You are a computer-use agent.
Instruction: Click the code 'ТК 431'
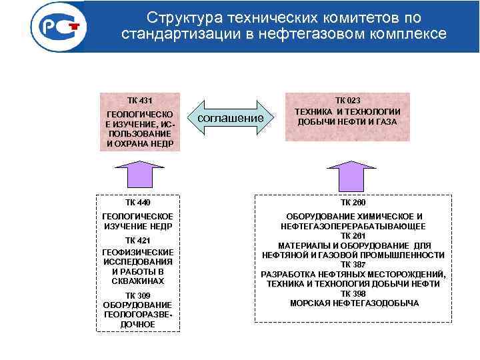tap(140, 101)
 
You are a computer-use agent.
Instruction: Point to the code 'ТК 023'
tap(347, 100)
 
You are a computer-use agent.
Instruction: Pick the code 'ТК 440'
tap(138, 202)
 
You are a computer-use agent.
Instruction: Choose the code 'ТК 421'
tap(138, 240)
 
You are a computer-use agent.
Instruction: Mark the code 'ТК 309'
tap(138, 295)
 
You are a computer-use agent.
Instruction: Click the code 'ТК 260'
tap(353, 202)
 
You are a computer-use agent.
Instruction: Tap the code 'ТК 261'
tap(353, 236)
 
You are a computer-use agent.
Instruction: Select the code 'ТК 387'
tap(353, 265)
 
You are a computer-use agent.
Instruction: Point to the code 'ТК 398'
tap(353, 293)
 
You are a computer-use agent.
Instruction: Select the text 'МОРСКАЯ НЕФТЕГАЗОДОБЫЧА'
tap(354, 303)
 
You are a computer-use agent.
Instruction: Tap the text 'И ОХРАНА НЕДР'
tap(140, 143)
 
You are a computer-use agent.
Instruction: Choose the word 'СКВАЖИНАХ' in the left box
tap(138, 281)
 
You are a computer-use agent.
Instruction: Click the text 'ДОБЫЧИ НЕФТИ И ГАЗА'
tap(347, 122)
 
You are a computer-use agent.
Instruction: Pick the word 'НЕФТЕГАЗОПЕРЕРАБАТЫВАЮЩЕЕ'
tap(353, 227)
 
